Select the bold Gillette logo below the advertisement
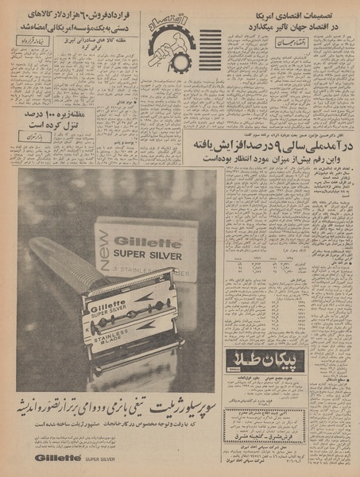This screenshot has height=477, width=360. coord(56,459)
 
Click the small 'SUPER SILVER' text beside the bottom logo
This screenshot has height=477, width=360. coord(103,460)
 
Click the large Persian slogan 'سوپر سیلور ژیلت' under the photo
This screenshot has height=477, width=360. coord(119,409)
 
